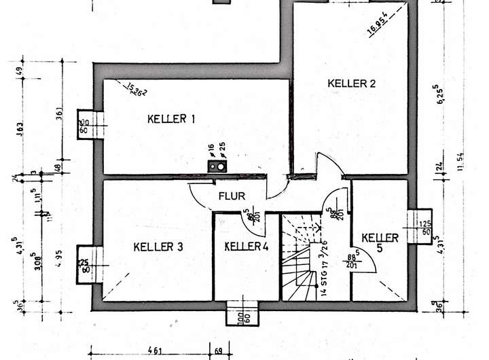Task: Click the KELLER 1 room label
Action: pyautogui.click(x=171, y=120)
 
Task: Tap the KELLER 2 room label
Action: pyautogui.click(x=351, y=84)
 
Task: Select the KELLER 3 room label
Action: pyautogui.click(x=158, y=247)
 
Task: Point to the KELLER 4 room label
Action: pyautogui.click(x=247, y=246)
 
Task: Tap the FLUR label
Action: pyautogui.click(x=231, y=196)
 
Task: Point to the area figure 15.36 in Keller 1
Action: pyautogui.click(x=136, y=88)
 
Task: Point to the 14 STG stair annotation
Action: pyautogui.click(x=325, y=272)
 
